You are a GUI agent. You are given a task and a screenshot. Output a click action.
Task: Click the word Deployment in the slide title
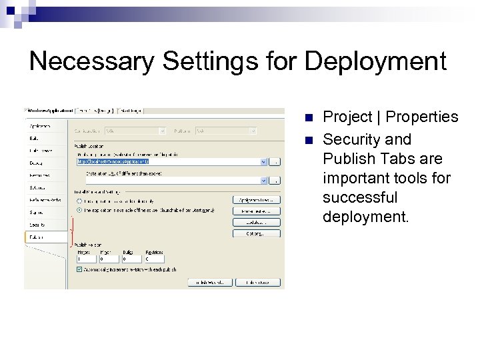click(x=375, y=62)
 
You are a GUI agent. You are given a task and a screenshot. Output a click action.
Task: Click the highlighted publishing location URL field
click(x=167, y=161)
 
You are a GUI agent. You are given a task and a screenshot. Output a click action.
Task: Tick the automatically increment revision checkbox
click(x=79, y=269)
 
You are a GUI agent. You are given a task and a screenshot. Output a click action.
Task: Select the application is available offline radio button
click(x=79, y=209)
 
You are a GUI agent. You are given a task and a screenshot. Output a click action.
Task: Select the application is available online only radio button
click(x=79, y=200)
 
